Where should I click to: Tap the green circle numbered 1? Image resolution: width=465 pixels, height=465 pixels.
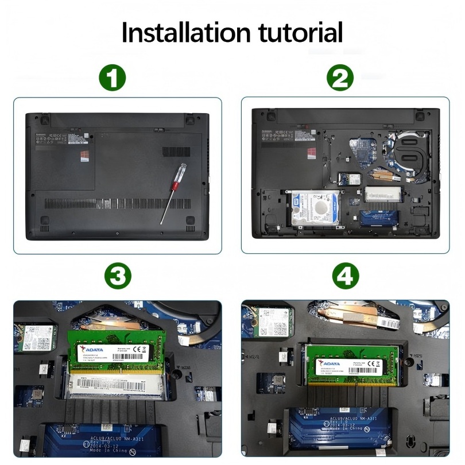coord(112,77)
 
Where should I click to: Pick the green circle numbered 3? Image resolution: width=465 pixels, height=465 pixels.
coord(118,277)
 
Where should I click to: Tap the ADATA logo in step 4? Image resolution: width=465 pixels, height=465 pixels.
coord(330,363)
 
